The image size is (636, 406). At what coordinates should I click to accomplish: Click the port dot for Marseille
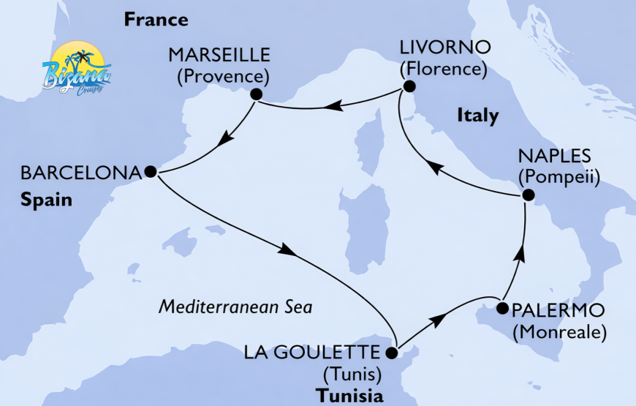(x=255, y=94)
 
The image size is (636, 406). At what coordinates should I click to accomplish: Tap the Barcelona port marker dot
(x=150, y=172)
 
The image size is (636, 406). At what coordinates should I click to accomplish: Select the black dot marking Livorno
(x=409, y=87)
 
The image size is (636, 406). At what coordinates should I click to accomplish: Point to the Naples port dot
(x=527, y=195)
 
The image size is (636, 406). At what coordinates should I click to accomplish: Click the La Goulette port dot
(x=391, y=353)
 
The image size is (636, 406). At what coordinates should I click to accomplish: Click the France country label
(x=156, y=20)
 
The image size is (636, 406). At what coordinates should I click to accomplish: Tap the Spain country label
(x=47, y=199)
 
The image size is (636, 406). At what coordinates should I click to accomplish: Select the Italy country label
(x=477, y=115)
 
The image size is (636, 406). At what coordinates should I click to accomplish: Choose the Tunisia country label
(x=349, y=396)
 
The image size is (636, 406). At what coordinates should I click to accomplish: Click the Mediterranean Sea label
(x=235, y=307)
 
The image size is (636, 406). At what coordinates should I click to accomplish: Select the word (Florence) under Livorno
(x=442, y=69)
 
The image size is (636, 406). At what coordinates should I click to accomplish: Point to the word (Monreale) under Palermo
(x=560, y=333)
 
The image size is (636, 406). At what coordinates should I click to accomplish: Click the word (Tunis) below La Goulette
(x=352, y=375)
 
